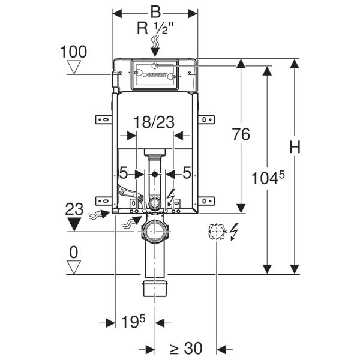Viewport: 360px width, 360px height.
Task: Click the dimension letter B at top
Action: click(x=155, y=13)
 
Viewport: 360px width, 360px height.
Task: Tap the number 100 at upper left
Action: click(x=73, y=52)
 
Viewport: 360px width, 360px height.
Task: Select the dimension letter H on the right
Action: click(x=294, y=147)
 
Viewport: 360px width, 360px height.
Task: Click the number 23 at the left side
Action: click(x=74, y=209)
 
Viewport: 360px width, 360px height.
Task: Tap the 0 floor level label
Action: click(x=73, y=251)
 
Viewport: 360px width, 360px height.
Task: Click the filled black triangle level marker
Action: click(x=74, y=224)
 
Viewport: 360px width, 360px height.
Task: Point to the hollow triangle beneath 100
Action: click(x=74, y=67)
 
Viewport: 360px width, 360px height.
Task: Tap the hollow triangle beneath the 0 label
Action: click(x=73, y=267)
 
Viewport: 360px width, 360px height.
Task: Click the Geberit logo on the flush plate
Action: click(x=155, y=76)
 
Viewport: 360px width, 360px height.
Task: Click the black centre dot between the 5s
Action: click(x=155, y=174)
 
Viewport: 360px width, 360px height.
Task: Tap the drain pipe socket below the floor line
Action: click(x=155, y=289)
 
